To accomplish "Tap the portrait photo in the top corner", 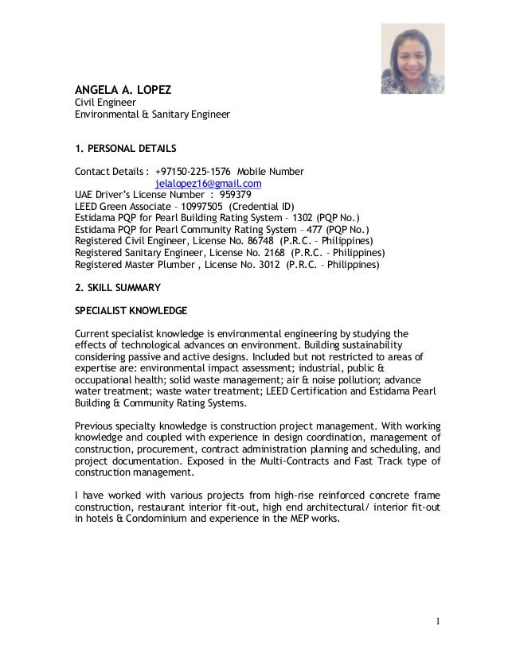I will pos(412,60).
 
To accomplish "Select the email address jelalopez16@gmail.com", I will pos(208,184).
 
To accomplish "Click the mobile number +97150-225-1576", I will pos(193,171).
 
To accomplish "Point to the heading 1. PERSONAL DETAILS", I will pos(125,148).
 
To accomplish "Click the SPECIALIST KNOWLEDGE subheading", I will pos(131,310).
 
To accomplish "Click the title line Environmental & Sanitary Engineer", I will pos(152,115).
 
